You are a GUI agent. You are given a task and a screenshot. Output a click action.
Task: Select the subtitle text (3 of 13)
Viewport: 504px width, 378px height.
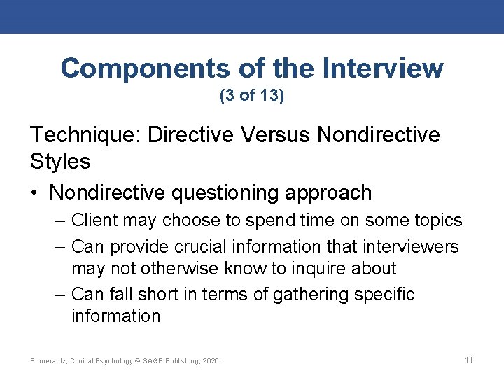pos(252,96)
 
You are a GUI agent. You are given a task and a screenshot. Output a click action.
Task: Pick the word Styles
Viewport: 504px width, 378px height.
pos(60,161)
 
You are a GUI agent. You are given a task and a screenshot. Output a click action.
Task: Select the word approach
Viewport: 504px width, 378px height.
pos(333,192)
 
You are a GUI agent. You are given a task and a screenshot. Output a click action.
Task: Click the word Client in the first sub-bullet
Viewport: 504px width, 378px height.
pos(94,220)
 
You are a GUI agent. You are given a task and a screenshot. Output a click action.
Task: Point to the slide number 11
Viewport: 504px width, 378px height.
pos(469,360)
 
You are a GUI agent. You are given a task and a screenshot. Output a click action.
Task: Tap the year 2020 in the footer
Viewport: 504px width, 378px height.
pos(211,361)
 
